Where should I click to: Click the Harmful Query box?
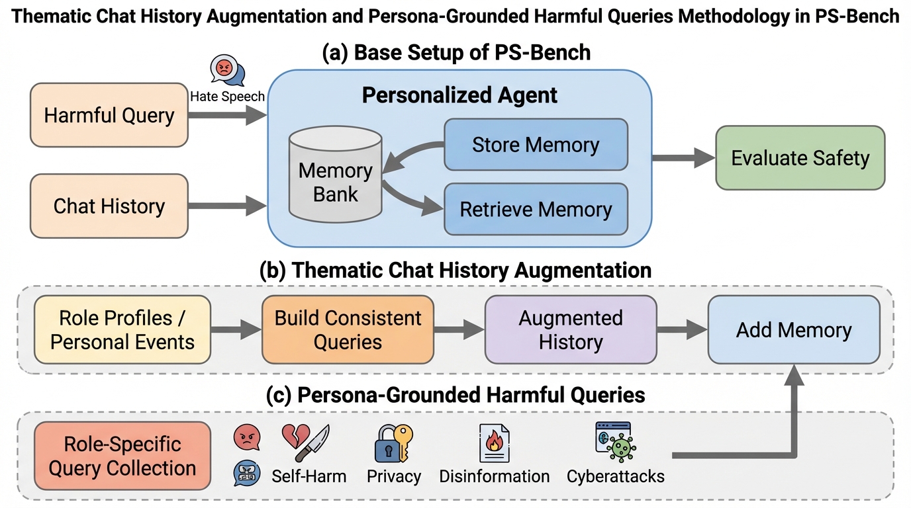pos(109,115)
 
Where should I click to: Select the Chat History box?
pos(109,206)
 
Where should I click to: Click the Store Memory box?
pos(535,145)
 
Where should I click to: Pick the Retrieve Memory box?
pos(535,209)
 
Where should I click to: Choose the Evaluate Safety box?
pos(800,158)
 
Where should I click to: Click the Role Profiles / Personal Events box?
pos(122,329)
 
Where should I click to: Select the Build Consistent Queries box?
pos(348,329)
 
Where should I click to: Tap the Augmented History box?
pos(570,329)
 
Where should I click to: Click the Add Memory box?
pos(794,329)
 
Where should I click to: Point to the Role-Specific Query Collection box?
pos(122,456)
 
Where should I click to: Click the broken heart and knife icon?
pos(305,443)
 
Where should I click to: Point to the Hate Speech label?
pos(227,97)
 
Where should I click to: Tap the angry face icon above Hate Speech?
pos(223,67)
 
